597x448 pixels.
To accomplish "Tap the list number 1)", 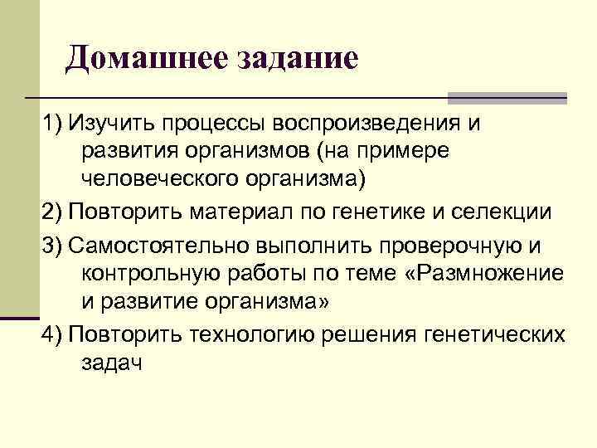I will (52, 124).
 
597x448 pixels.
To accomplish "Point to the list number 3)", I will (52, 246).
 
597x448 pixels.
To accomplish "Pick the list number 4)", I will (52, 334).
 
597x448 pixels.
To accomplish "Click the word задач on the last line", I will (112, 363).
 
